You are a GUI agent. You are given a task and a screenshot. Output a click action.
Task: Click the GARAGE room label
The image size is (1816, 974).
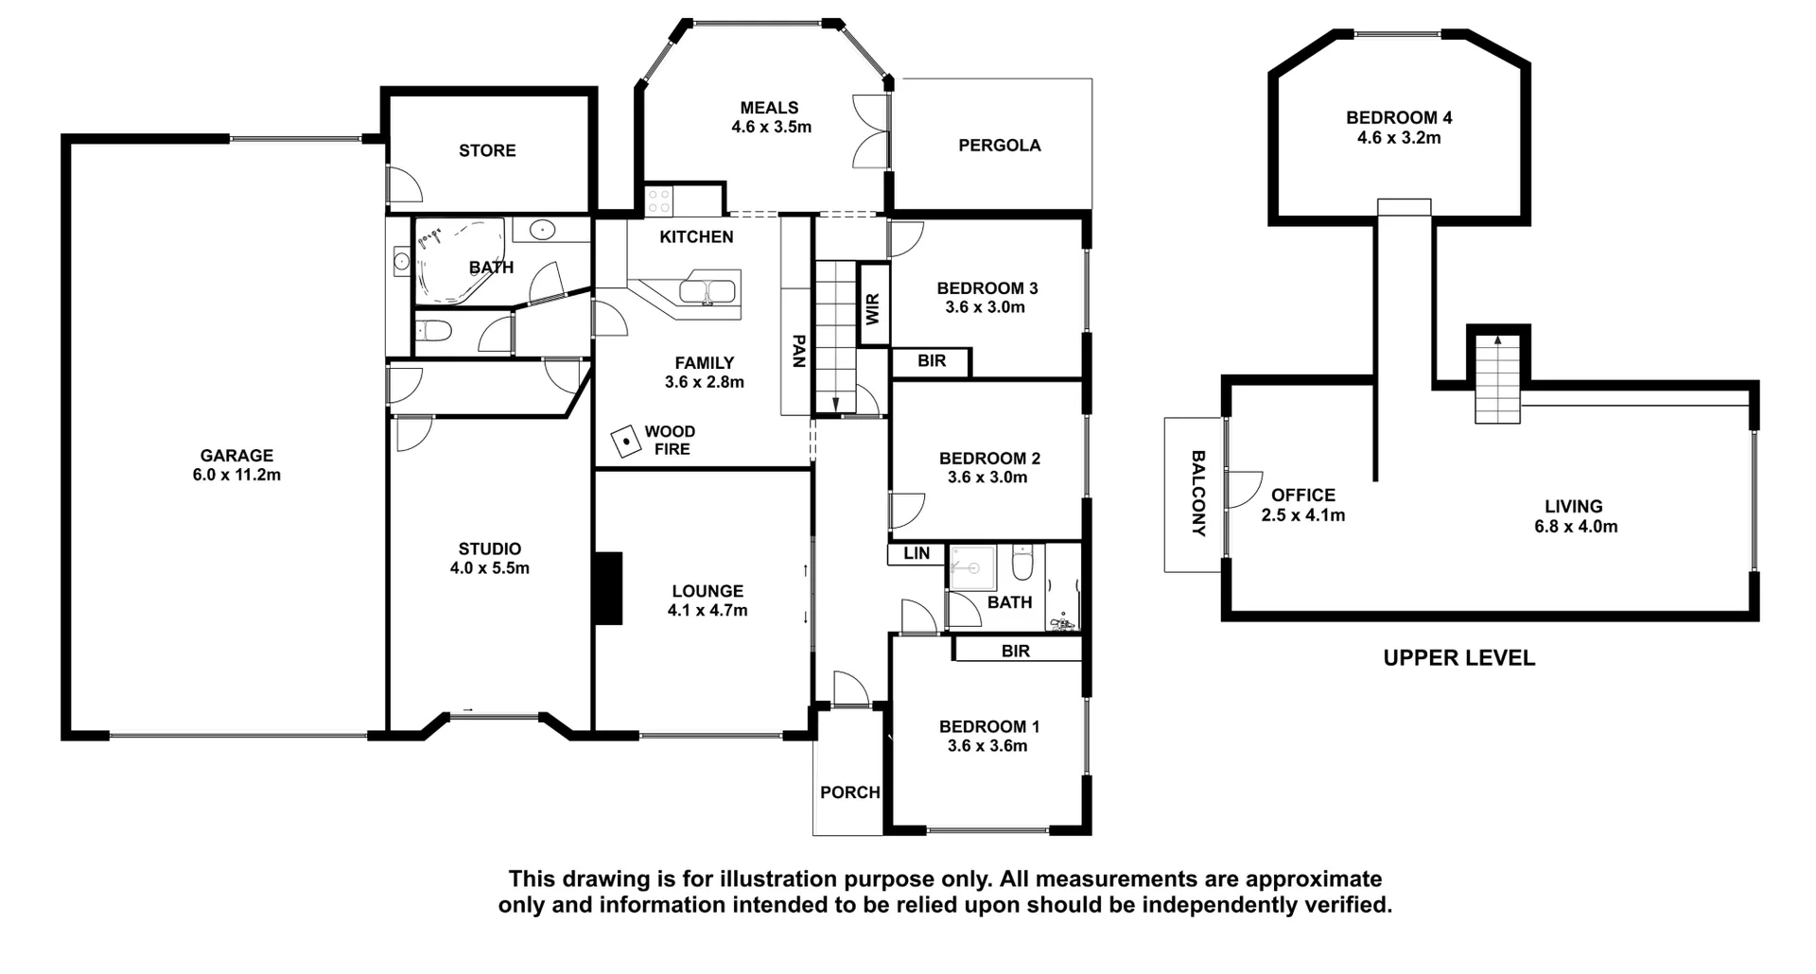236,455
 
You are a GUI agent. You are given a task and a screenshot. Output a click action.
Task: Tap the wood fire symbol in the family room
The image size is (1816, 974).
625,442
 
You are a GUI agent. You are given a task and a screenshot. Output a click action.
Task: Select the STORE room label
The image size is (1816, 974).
487,150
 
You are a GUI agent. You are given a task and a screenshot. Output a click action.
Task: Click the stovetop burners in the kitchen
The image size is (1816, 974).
658,200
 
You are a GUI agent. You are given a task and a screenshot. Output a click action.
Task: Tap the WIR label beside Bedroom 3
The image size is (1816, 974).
872,308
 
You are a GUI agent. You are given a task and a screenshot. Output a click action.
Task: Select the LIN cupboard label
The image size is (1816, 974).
916,553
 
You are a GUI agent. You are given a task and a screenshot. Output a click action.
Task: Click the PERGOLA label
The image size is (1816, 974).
999,146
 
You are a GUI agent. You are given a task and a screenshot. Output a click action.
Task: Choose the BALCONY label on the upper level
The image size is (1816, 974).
1197,494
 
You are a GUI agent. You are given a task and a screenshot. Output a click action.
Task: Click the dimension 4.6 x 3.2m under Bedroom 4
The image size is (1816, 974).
1399,138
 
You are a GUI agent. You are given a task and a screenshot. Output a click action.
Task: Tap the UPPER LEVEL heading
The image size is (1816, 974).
1458,658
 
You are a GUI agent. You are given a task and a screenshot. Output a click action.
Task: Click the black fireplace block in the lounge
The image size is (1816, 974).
607,588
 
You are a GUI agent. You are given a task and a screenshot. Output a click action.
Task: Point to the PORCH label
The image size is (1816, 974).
849,792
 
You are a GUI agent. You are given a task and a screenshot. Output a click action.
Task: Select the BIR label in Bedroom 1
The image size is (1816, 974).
1015,651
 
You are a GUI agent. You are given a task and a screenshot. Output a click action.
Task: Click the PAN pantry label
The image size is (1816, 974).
797,351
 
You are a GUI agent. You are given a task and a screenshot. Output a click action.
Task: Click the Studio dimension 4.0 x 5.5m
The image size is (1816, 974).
489,568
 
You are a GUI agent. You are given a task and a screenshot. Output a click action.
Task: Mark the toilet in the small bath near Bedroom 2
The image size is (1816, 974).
1021,565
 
